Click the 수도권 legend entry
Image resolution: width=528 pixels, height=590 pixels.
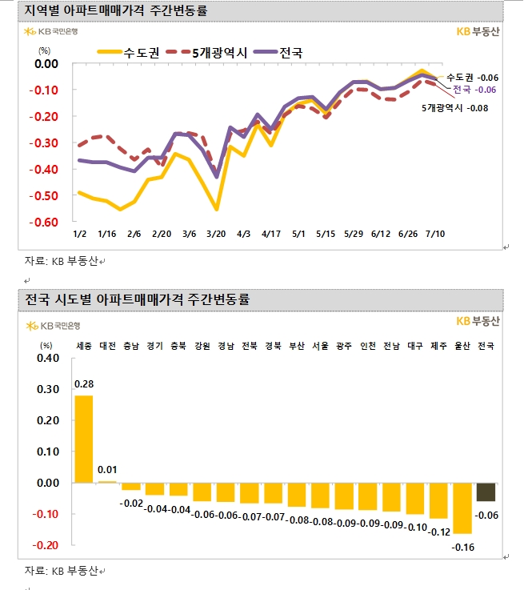129,53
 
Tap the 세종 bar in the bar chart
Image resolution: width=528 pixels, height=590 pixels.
83,439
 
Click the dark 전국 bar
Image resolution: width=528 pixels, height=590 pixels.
486,492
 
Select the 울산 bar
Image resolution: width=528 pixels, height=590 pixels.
462,508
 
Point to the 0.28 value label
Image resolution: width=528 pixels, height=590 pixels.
83,384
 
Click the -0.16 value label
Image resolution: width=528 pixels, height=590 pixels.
462,548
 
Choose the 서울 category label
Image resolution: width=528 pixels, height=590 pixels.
320,346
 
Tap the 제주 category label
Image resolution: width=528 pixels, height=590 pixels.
438,346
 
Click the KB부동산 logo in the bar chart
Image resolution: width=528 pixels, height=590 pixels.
477,321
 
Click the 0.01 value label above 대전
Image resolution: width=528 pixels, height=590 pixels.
107,469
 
